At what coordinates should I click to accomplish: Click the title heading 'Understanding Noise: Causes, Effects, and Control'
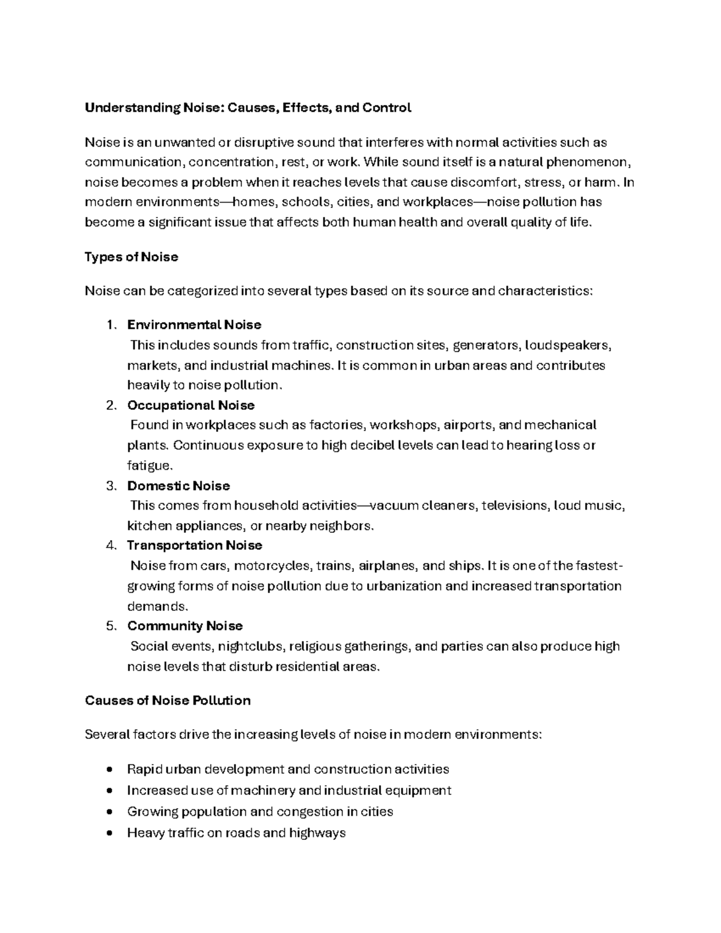[248, 108]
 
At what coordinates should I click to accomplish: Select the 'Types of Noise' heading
[132, 257]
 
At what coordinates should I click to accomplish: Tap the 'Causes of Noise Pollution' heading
[168, 701]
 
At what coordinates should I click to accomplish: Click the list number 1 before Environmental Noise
[109, 325]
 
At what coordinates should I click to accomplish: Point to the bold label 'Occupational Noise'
[191, 406]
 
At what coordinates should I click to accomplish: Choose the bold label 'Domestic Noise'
[178, 485]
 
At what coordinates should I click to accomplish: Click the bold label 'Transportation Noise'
[195, 546]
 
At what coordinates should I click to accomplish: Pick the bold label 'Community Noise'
[185, 626]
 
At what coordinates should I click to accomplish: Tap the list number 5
[110, 626]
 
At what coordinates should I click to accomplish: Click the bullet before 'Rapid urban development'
[109, 770]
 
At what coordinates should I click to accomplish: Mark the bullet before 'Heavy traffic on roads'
[109, 833]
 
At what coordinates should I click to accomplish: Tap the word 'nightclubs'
[251, 646]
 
